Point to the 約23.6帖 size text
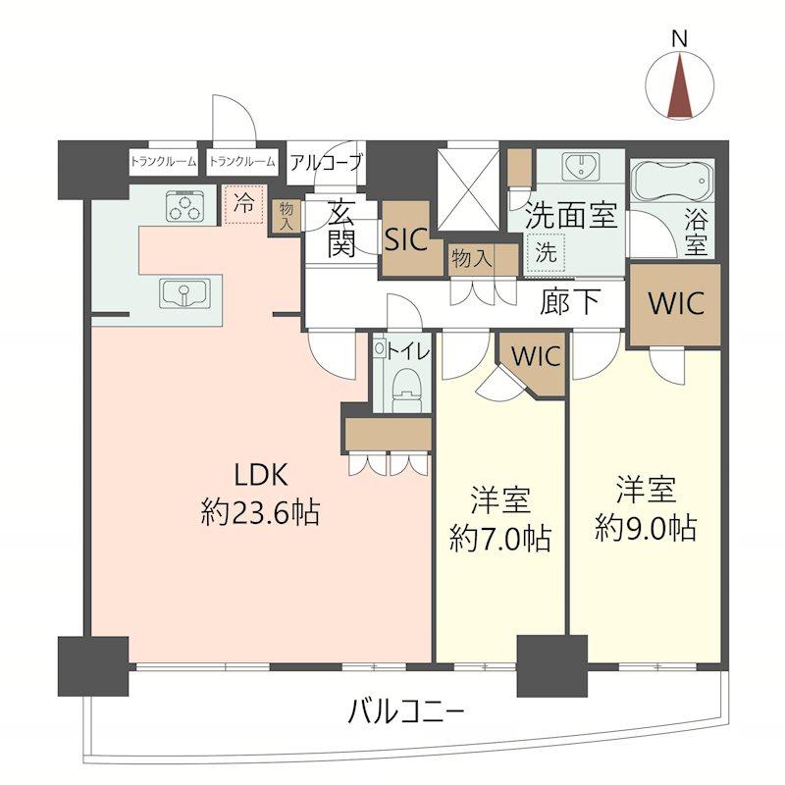[x=260, y=512]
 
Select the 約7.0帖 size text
[x=499, y=537]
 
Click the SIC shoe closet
[x=406, y=239]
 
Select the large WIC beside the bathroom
[x=675, y=303]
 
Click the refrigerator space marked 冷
[x=243, y=205]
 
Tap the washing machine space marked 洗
[x=545, y=251]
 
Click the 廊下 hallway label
[x=569, y=302]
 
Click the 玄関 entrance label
[x=340, y=227]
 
